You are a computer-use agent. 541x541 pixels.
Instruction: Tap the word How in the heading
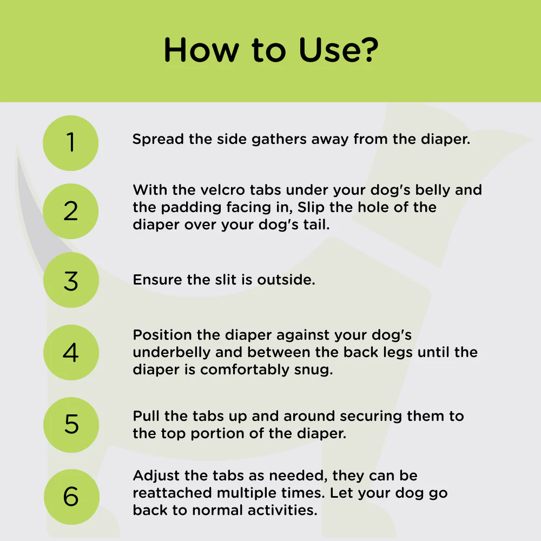click(x=201, y=50)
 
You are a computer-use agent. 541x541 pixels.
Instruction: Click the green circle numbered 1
click(x=71, y=143)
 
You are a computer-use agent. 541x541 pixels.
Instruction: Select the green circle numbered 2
click(x=71, y=211)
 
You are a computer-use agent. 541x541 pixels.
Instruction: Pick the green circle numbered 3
click(x=71, y=280)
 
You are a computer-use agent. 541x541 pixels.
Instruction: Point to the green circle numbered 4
click(x=71, y=352)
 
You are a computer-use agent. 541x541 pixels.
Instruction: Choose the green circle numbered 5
click(x=71, y=425)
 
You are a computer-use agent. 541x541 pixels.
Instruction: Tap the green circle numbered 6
click(x=71, y=497)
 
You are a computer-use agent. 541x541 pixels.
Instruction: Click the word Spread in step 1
click(x=158, y=140)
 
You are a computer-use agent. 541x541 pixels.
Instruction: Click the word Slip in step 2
click(x=311, y=208)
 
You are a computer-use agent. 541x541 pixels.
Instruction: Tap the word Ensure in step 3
click(x=157, y=280)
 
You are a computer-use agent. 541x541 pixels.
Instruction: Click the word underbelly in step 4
click(x=171, y=353)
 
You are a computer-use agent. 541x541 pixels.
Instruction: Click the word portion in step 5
click(x=217, y=434)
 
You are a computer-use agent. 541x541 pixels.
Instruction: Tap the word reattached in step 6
click(x=172, y=493)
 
